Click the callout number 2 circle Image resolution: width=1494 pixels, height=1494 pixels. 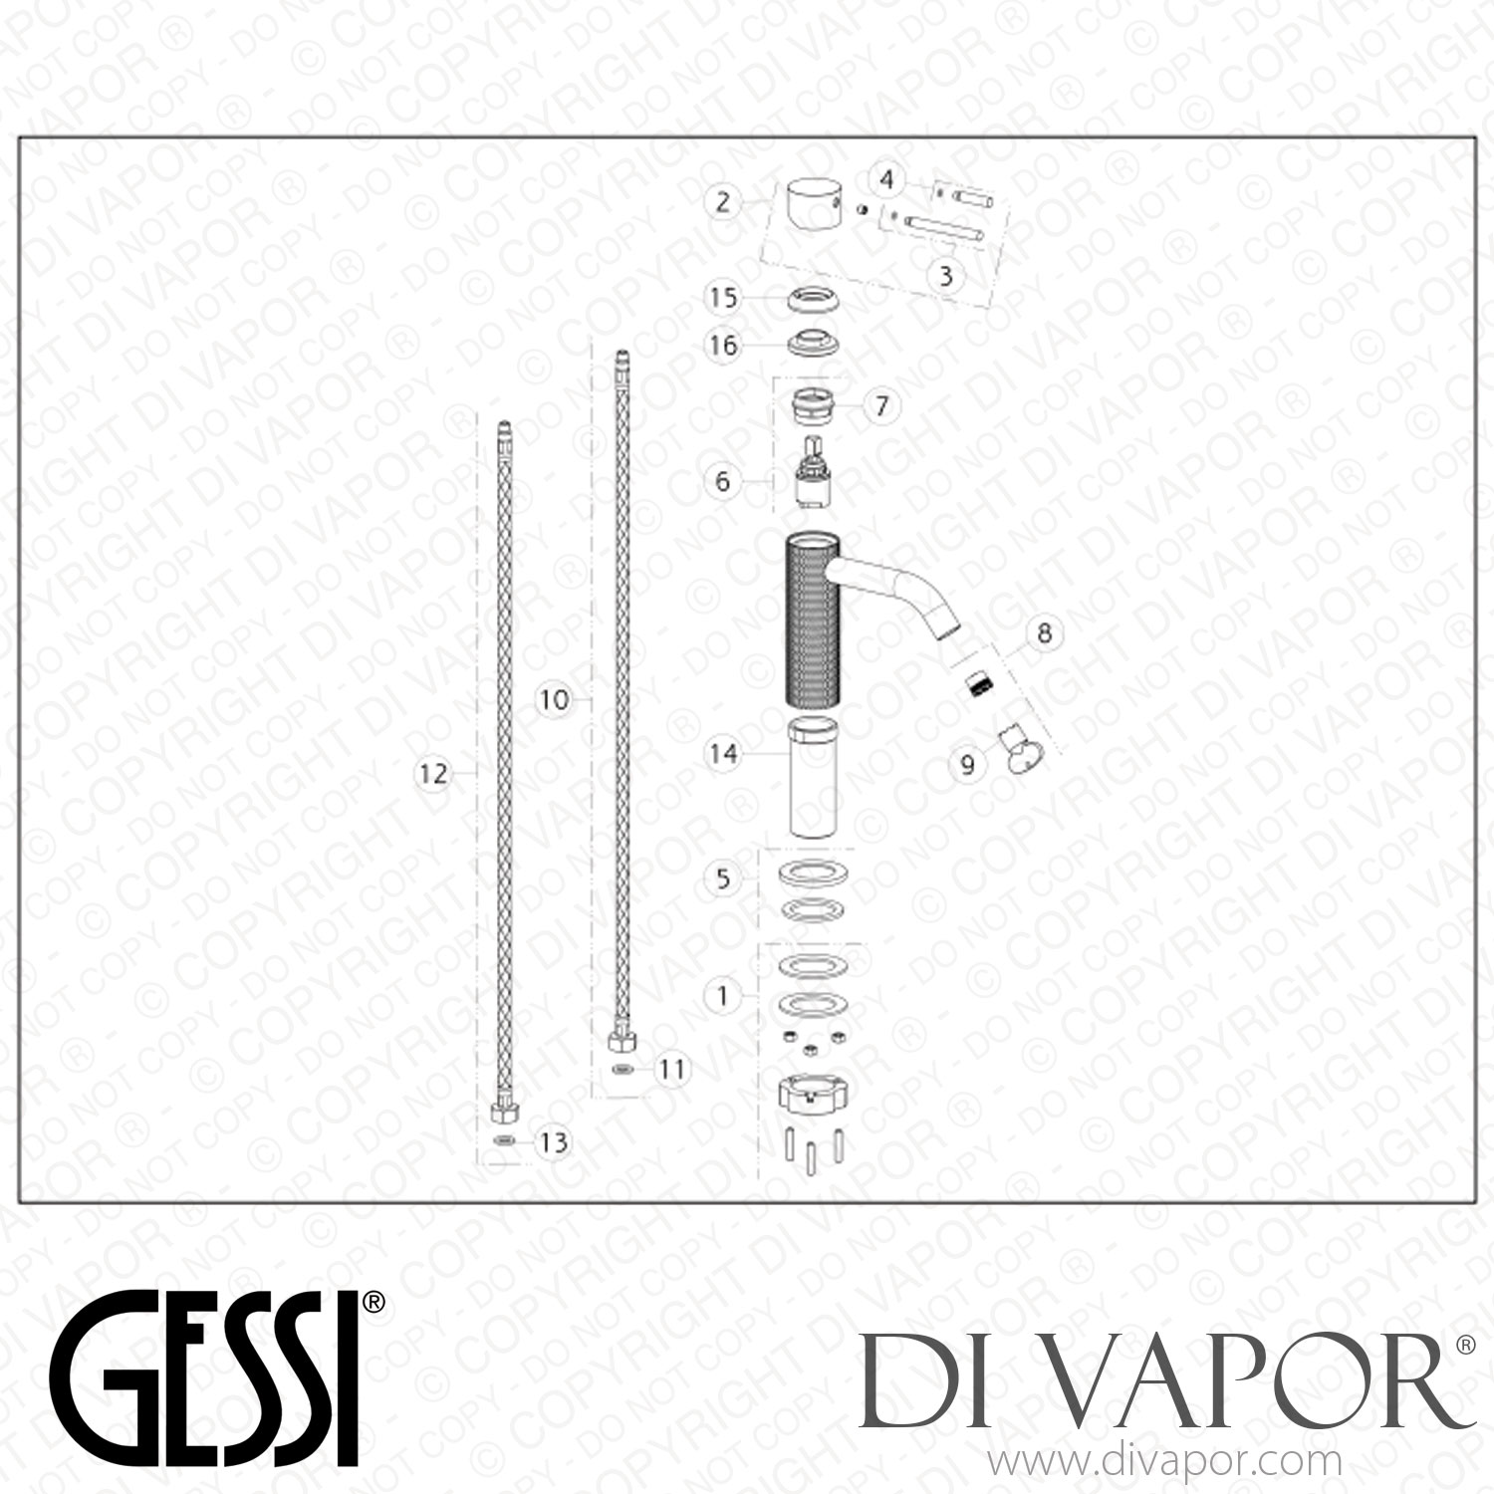[723, 202]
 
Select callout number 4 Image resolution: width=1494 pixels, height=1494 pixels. [886, 180]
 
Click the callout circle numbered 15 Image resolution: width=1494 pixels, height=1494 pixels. [723, 297]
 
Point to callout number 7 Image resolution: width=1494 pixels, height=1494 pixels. [881, 405]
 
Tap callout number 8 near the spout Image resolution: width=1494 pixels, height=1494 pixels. [1043, 632]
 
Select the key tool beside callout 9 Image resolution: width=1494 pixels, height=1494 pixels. [1015, 746]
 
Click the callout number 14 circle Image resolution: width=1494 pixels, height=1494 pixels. [723, 753]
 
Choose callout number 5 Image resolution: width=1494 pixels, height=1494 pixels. [723, 878]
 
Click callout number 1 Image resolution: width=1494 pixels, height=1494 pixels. [723, 995]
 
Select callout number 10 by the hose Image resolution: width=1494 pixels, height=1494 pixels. [554, 699]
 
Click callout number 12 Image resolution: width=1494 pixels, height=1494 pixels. [433, 773]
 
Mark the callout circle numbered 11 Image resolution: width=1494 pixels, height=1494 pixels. [673, 1070]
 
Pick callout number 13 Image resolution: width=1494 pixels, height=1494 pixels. [553, 1141]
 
